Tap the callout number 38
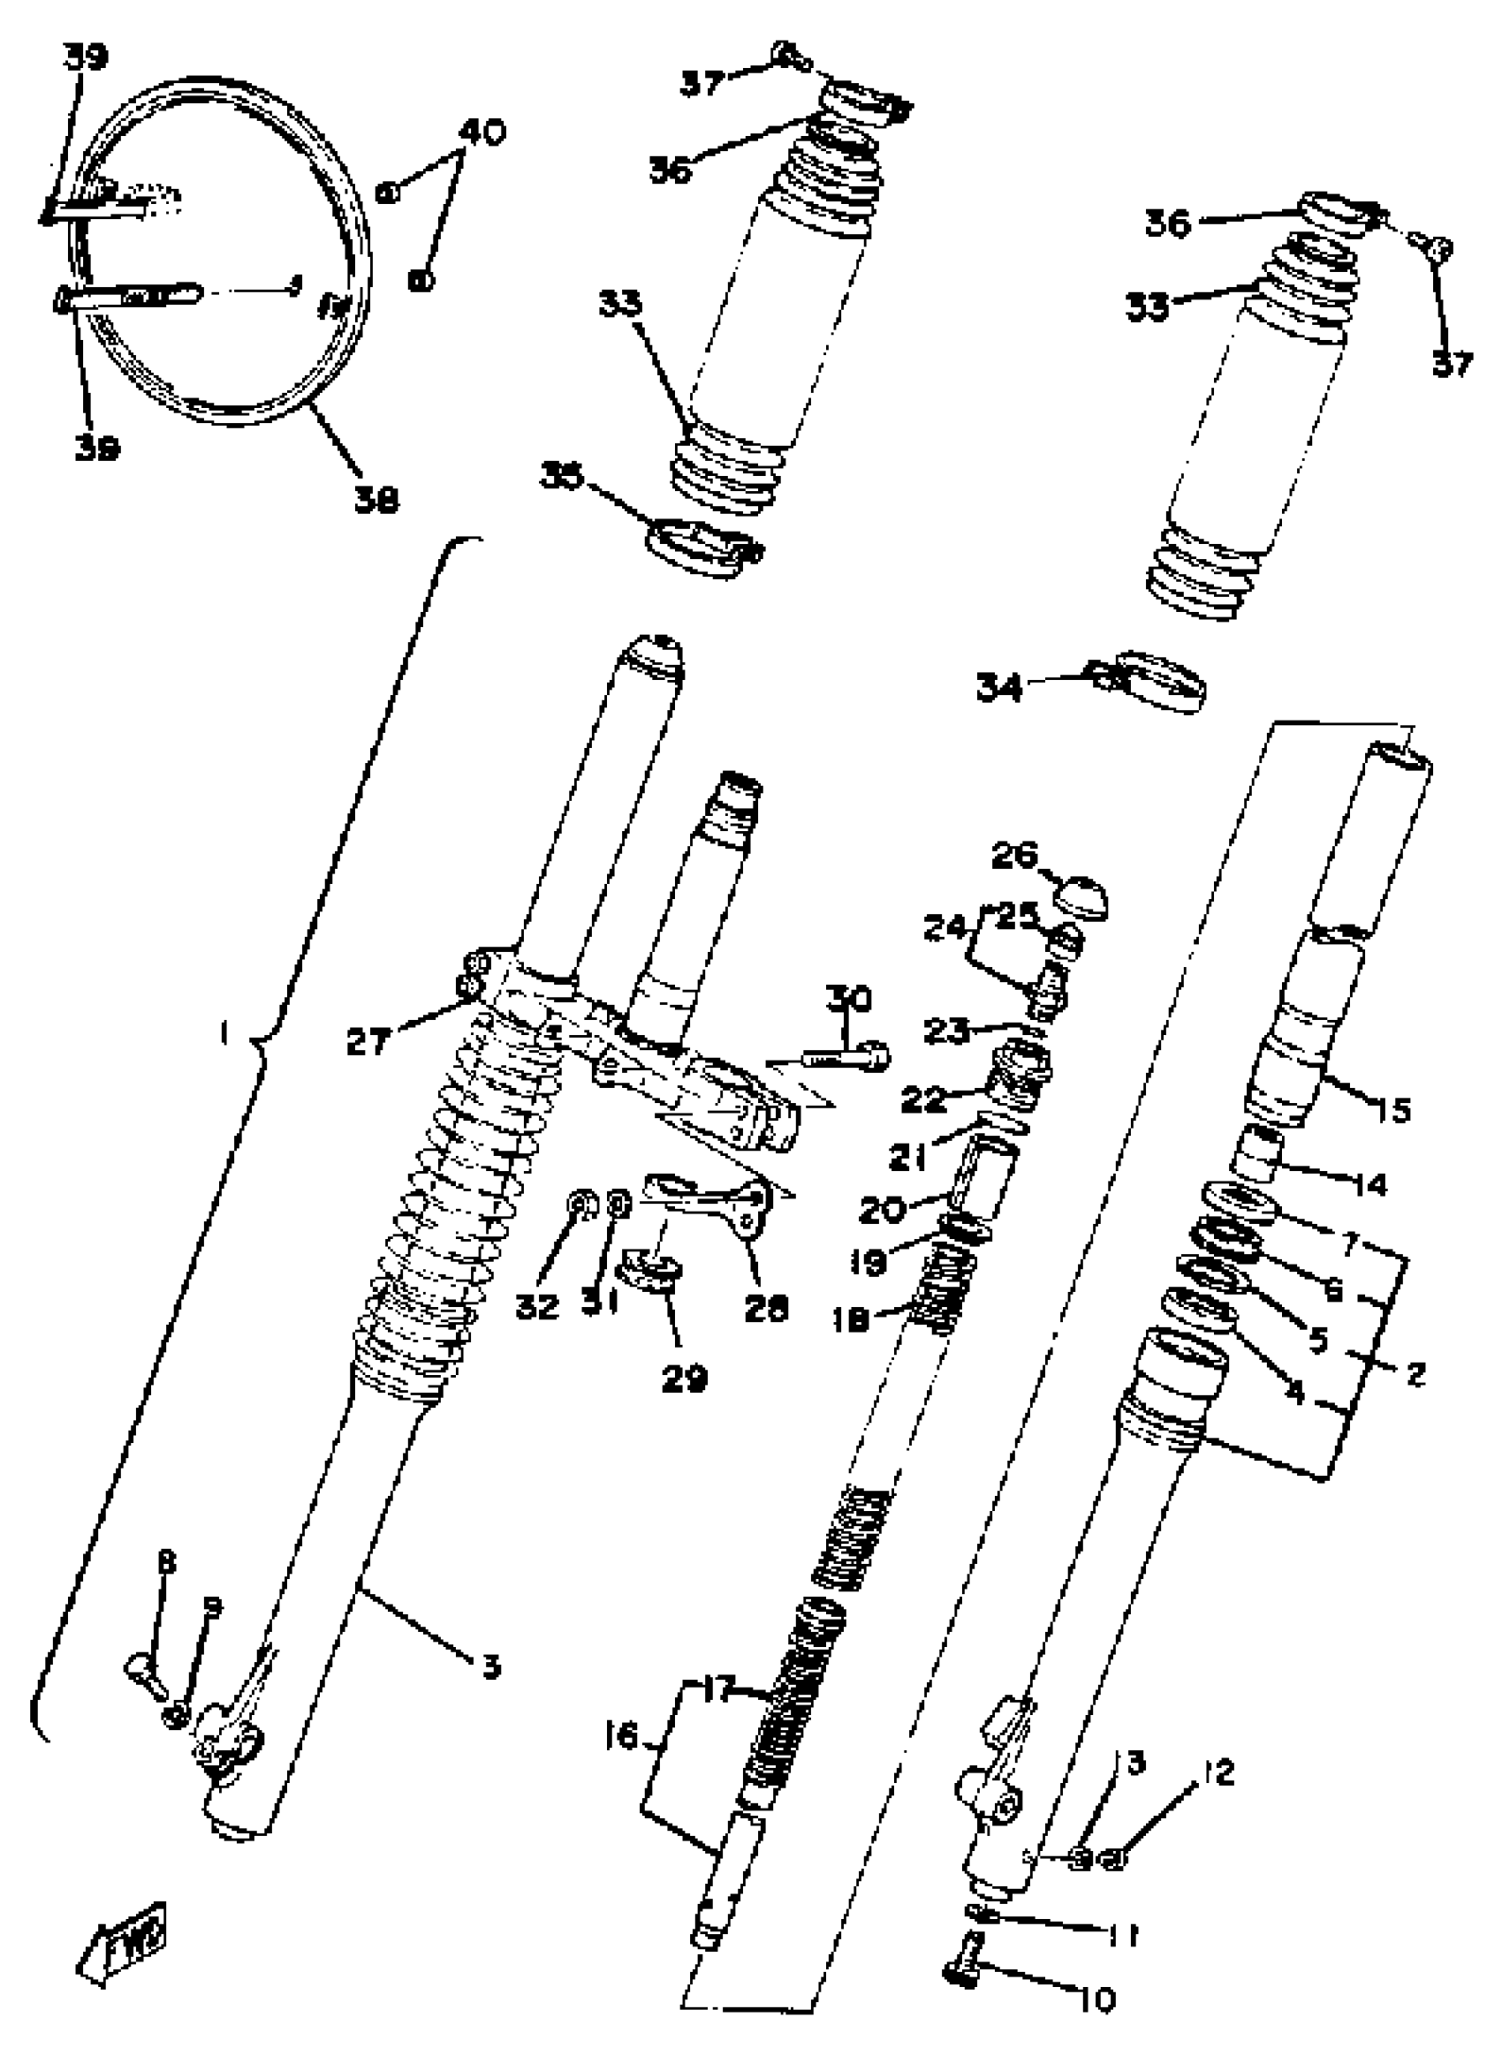[375, 498]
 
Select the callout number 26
[1014, 855]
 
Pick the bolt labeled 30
[846, 1057]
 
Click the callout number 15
[1390, 1109]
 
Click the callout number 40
[481, 132]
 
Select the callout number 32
[537, 1307]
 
